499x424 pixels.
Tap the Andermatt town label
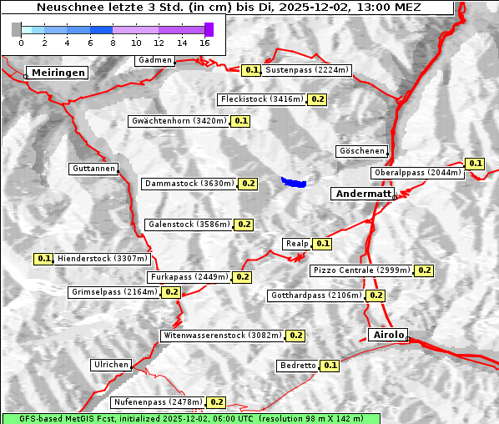[x=363, y=194]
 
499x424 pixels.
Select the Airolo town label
[x=388, y=335]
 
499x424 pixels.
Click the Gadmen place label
[x=155, y=60]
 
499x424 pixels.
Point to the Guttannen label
[x=93, y=169]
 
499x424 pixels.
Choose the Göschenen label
[x=361, y=151]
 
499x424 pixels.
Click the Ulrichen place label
[x=111, y=365]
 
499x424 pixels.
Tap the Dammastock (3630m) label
[x=189, y=183]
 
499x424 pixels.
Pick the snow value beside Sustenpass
[x=252, y=70]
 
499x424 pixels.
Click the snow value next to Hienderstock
[x=44, y=259]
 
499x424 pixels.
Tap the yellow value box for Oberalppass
[x=476, y=164]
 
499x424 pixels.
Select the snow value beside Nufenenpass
[x=217, y=402]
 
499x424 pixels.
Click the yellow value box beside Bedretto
[x=330, y=366]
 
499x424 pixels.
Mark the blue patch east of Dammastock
[x=294, y=181]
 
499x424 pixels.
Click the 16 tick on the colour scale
[x=205, y=43]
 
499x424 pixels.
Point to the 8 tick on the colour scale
[x=113, y=43]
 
